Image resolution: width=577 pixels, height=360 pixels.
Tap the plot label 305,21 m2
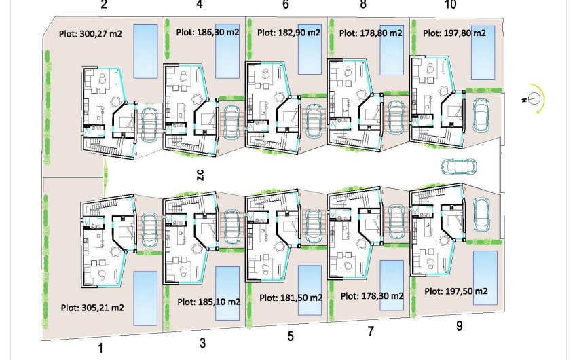point(92,307)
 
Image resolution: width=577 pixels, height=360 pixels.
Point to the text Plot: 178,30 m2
point(372,296)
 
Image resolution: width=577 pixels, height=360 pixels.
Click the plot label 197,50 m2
point(456,291)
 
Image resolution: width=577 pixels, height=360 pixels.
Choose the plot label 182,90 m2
point(289,32)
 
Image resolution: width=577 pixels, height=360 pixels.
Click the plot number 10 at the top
point(450,5)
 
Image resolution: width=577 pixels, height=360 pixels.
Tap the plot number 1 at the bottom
point(100,348)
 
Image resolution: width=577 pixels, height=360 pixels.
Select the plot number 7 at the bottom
point(371,332)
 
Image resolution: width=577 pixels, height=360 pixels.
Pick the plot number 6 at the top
point(285,5)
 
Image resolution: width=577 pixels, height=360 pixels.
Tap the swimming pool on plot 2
point(144,51)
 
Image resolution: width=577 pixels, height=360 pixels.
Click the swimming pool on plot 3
point(227,293)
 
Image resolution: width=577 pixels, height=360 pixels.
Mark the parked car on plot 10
point(481,115)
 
